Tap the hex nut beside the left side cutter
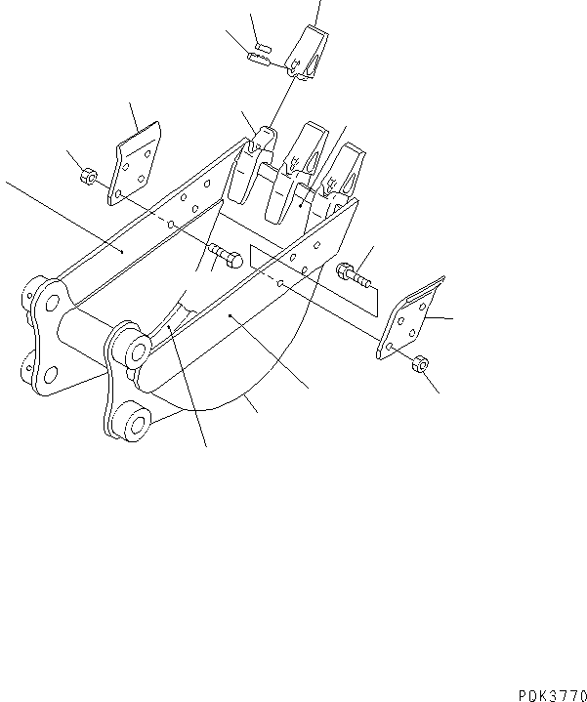(x=87, y=178)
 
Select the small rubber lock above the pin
(x=263, y=45)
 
